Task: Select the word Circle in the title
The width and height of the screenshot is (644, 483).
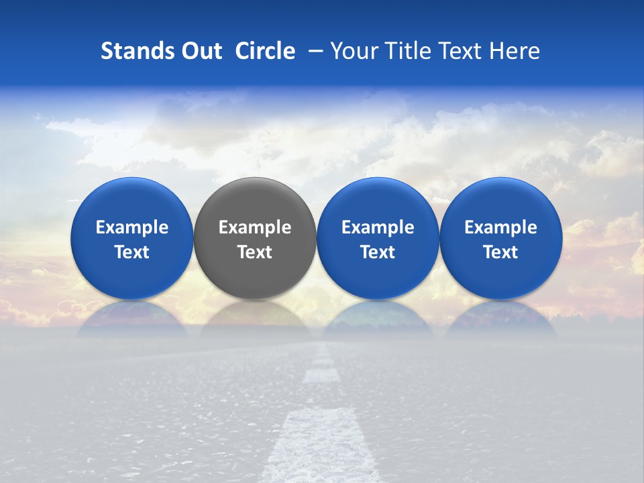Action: pos(265,51)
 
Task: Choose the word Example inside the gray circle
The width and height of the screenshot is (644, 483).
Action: pos(255,227)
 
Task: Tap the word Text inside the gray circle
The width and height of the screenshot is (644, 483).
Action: pos(255,252)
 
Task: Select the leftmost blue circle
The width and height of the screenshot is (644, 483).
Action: pos(131,201)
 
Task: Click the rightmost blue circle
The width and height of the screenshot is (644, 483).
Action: pos(500,201)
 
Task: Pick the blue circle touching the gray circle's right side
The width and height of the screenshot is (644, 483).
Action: pos(378,201)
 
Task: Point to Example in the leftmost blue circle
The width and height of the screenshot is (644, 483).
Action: pos(131,227)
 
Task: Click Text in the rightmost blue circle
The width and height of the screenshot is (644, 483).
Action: pos(500,252)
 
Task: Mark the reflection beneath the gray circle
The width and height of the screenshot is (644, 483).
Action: pos(255,319)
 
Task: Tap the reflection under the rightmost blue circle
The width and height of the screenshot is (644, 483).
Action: pos(500,319)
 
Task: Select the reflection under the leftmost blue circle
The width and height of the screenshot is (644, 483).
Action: pos(131,319)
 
